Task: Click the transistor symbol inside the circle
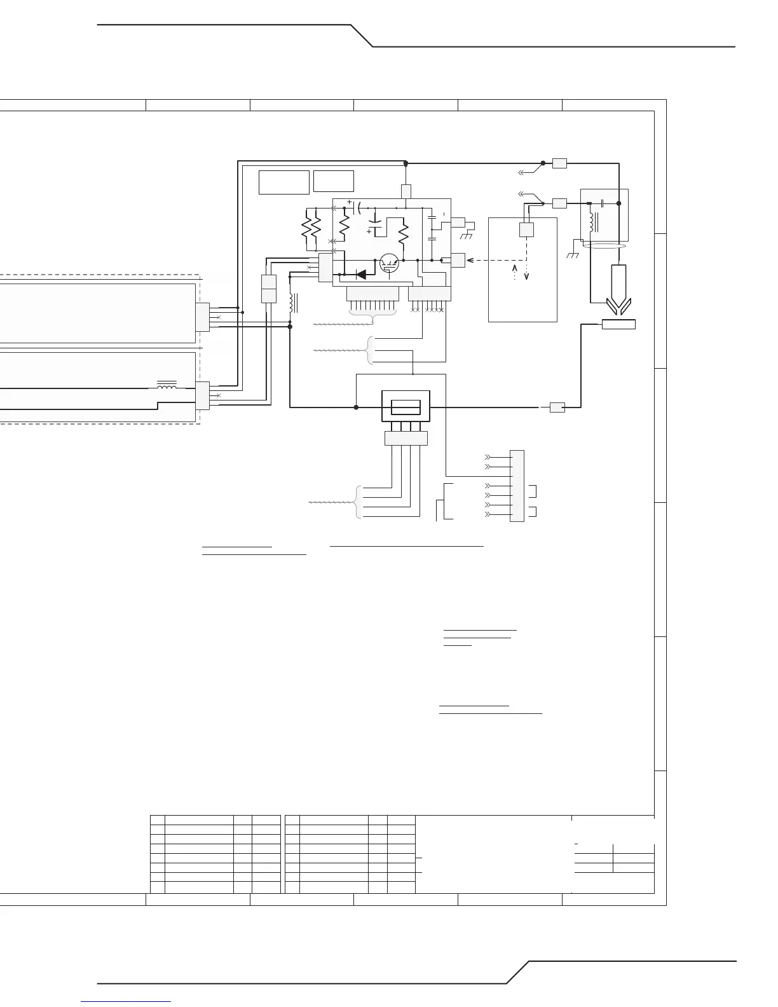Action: [388, 264]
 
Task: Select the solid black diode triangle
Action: [362, 275]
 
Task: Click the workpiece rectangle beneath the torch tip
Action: [618, 325]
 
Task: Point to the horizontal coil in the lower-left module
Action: [167, 385]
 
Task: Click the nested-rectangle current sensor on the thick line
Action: [405, 406]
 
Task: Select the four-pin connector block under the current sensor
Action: [406, 438]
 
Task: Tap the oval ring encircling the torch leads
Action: [605, 245]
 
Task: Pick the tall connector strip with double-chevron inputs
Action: [517, 486]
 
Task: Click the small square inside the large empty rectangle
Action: [526, 229]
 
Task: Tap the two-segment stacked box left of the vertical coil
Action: [268, 289]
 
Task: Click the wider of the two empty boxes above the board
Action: [283, 182]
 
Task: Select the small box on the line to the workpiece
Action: [557, 408]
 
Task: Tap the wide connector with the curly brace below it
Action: [372, 294]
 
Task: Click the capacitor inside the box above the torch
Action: [602, 203]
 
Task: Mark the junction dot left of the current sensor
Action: [356, 407]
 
